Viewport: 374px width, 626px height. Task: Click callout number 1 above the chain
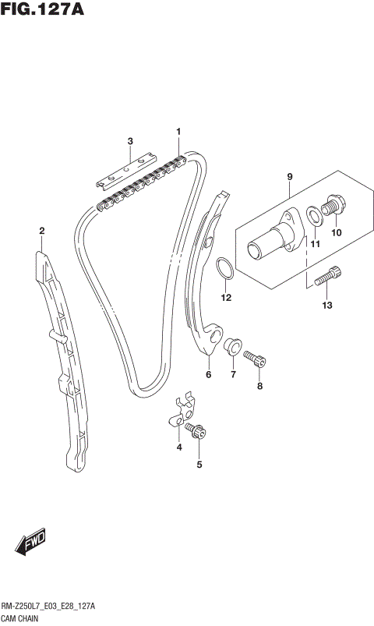click(x=178, y=131)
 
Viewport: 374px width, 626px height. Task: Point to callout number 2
click(x=41, y=230)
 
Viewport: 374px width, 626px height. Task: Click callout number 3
click(x=130, y=140)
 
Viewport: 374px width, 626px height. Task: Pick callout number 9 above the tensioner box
click(x=288, y=177)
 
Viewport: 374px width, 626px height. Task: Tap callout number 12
click(x=225, y=297)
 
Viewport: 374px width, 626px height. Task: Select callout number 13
click(x=327, y=305)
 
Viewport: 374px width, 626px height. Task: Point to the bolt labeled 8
click(x=256, y=359)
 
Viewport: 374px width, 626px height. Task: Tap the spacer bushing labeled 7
click(x=232, y=345)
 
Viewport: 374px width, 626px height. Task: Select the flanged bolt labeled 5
click(x=197, y=432)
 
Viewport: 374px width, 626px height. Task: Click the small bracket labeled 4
click(x=181, y=412)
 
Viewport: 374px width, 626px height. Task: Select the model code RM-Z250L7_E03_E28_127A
click(x=58, y=606)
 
